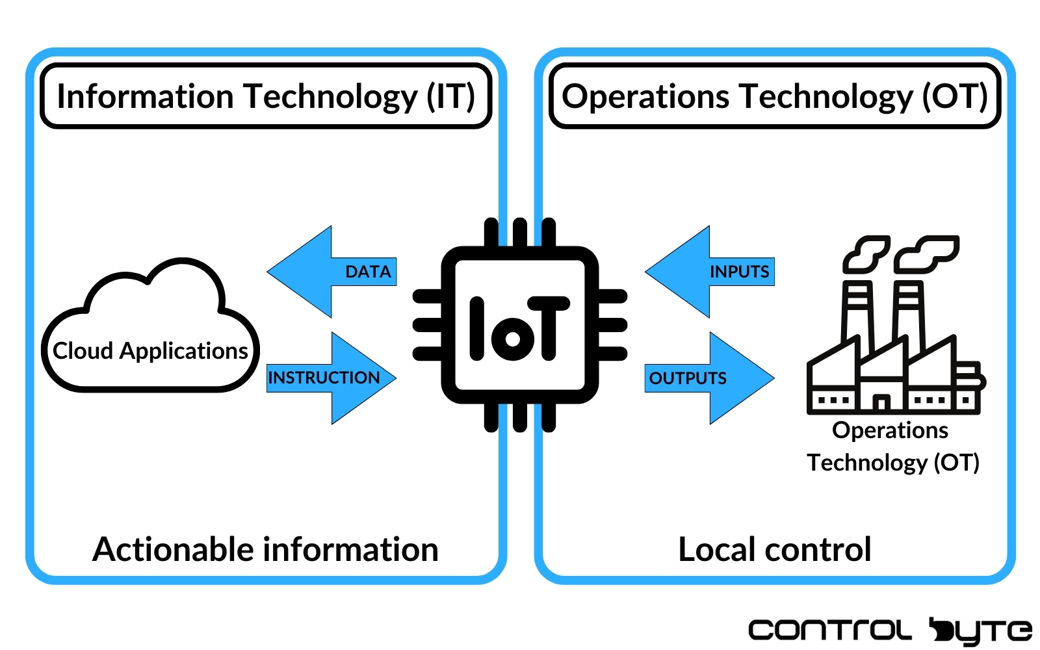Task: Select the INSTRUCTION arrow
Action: tap(331, 378)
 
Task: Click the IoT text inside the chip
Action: tap(519, 329)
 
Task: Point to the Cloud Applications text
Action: tap(150, 350)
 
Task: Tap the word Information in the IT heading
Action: tap(145, 96)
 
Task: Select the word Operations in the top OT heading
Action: tap(645, 96)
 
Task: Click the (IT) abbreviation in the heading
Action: tap(450, 96)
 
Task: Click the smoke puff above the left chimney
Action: tap(866, 252)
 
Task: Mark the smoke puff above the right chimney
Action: tap(926, 252)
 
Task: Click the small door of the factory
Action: tap(881, 403)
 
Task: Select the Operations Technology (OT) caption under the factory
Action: tap(892, 447)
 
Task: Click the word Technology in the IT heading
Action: tap(330, 96)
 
